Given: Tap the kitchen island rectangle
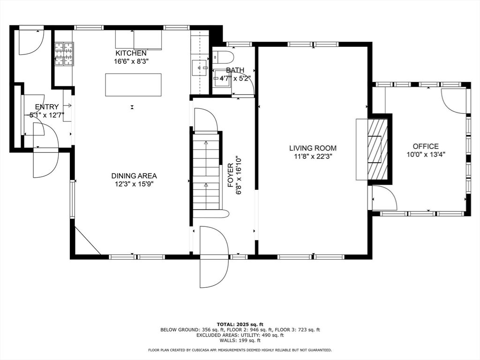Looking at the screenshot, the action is (x=133, y=85).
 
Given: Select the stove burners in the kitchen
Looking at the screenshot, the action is (x=64, y=54).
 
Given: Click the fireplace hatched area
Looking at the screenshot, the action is (x=377, y=149).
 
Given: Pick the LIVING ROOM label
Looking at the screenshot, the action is (x=313, y=148).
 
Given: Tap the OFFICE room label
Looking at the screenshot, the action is (x=426, y=146).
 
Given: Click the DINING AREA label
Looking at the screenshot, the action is (x=134, y=176).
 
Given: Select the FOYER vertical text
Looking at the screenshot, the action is (x=231, y=175).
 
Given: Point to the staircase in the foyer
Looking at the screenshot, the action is (x=206, y=175).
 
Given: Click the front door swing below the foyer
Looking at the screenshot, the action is (x=214, y=257).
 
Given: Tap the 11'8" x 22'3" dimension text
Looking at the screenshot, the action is (x=313, y=157).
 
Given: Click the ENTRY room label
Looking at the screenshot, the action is (x=47, y=107).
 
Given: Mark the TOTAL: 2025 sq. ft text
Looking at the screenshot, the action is (x=240, y=324).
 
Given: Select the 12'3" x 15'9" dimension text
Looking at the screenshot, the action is (x=134, y=184).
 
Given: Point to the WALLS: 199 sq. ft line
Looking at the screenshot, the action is (x=240, y=340).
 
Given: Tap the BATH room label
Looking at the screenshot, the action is (x=235, y=70).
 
